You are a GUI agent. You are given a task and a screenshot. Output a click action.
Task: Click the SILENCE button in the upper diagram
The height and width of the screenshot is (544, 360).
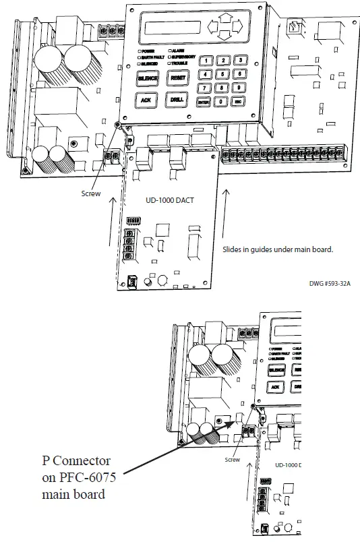click(x=148, y=78)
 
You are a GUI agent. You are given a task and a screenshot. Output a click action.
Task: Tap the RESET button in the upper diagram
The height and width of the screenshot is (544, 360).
click(x=177, y=78)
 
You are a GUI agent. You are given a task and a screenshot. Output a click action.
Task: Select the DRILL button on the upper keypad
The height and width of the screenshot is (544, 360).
click(x=177, y=100)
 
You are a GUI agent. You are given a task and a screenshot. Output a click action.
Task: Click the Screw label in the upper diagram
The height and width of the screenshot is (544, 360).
click(x=90, y=193)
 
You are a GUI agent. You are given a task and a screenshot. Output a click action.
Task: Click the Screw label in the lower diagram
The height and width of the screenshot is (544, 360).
click(x=233, y=460)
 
